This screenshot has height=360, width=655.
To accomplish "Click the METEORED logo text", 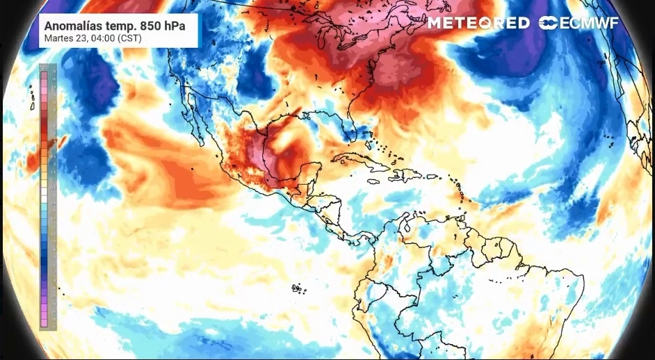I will pyautogui.click(x=478, y=23).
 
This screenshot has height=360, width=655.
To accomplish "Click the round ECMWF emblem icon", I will pyautogui.click(x=547, y=23).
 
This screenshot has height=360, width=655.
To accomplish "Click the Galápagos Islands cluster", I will pyautogui.click(x=298, y=287).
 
